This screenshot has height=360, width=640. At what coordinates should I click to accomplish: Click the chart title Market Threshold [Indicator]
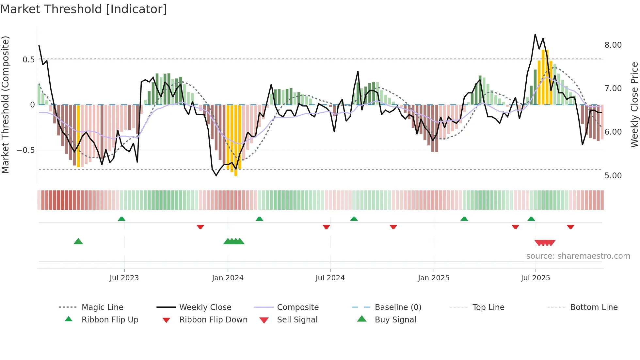pos(84,9)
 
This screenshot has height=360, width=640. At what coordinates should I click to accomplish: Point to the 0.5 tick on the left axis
pos(28,59)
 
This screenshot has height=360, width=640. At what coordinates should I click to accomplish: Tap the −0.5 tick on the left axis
pos(26,150)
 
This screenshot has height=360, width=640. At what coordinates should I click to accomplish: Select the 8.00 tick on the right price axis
pos(613,45)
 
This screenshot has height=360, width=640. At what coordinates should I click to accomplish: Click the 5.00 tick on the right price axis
pos(613,176)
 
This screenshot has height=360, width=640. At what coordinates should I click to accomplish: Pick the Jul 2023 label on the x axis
pos(124,278)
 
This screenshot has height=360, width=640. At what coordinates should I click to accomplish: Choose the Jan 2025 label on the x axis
pos(434,278)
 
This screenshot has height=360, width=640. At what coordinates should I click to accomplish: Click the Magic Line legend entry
pos(102,307)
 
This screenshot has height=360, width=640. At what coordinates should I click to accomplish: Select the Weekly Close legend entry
pos(205,307)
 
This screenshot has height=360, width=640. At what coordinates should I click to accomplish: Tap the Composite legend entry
pos(298,307)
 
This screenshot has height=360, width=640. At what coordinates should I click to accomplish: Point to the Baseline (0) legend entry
pos(398,307)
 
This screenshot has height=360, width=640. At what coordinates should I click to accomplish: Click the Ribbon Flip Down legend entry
pos(213,320)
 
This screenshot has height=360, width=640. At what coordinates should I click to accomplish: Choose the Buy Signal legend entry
pos(395,320)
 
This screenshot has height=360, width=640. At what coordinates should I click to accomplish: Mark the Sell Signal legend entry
pos(297,320)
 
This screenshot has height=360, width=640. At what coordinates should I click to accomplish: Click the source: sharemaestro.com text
pos(578,256)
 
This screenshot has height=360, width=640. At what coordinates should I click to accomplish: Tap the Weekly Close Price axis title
pos(634,105)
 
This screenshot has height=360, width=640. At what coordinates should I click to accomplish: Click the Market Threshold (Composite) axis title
pos(6,105)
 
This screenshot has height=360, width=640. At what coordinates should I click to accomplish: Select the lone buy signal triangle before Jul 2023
pos(78,241)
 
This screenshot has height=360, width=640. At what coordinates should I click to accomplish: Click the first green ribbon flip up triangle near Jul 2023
pos(121,219)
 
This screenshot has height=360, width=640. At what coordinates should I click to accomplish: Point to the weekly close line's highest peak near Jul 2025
pos(535,34)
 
